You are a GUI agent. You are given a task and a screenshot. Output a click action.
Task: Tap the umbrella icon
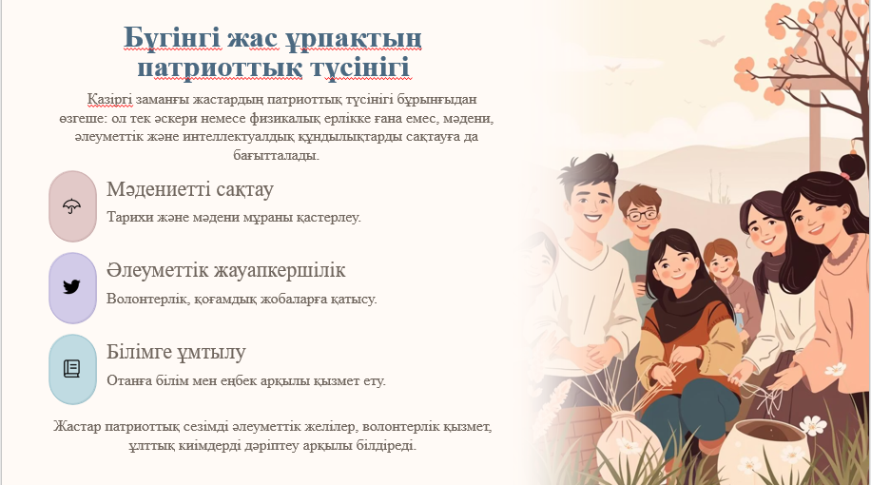tap(72, 206)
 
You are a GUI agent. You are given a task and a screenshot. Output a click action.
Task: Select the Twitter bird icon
tap(72, 287)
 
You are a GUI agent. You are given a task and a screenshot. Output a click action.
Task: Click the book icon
tap(72, 368)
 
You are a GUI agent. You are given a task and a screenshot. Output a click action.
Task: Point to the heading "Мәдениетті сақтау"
tap(190, 189)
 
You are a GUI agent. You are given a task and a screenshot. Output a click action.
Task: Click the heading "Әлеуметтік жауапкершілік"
tap(226, 271)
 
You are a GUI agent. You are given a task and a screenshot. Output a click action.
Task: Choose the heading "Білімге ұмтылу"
tap(176, 352)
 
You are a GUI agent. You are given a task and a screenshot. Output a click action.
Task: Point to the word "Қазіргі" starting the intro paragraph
tap(109, 100)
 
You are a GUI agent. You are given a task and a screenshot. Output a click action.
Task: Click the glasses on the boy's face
tap(642, 215)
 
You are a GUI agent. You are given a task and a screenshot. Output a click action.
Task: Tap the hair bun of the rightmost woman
tap(852, 165)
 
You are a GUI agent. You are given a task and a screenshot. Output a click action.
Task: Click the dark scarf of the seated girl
tap(685, 307)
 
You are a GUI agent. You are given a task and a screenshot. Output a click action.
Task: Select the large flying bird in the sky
tap(711, 41)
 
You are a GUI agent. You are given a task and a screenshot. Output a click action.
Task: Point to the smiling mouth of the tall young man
tap(592, 217)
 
